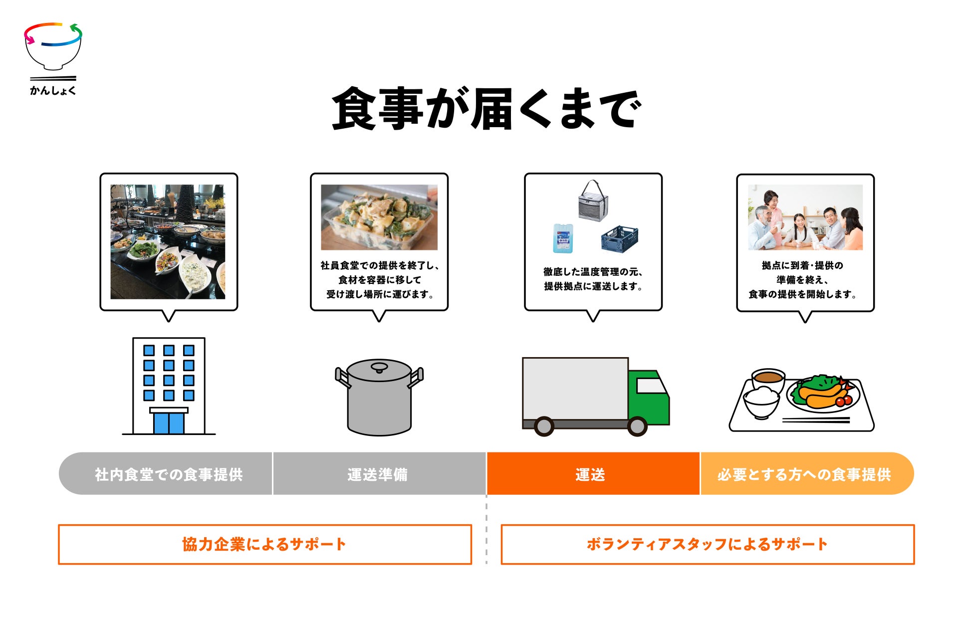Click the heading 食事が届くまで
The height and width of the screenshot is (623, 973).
point(486,109)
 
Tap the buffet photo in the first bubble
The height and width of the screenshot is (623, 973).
point(168,242)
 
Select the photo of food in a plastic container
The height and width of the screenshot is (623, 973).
point(379,217)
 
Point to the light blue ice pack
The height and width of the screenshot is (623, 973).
point(563,238)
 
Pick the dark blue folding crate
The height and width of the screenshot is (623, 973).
point(619,238)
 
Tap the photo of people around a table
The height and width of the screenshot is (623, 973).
point(805,217)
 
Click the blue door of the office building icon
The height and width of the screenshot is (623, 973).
point(169,423)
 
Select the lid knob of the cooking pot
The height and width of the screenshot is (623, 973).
point(379,368)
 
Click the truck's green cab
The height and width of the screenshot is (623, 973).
point(649,397)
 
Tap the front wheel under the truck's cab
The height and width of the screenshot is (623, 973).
point(637,426)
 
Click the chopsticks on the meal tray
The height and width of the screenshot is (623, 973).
point(816,420)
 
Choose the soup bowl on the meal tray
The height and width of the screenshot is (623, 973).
point(768,380)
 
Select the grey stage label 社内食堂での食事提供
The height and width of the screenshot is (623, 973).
point(169,474)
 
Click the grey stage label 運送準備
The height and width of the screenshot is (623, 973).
point(378,474)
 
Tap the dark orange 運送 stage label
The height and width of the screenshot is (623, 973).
point(591,474)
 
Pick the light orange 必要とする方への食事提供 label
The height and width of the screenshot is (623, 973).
point(804,474)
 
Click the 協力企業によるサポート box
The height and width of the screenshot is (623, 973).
point(264,544)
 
